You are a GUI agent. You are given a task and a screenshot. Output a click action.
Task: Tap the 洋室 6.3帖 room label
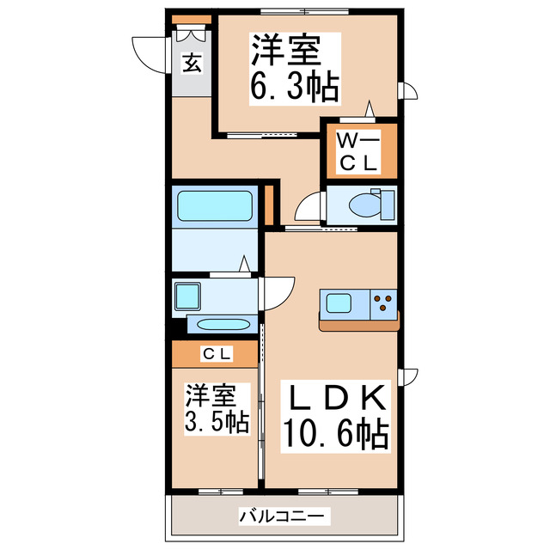click(x=295, y=69)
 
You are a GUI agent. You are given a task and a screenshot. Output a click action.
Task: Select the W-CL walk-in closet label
click(x=358, y=152)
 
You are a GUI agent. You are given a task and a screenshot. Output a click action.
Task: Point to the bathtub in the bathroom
click(x=215, y=206)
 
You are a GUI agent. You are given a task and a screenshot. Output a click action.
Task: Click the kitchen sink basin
click(x=339, y=302)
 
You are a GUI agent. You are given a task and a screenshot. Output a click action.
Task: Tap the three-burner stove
click(x=383, y=303)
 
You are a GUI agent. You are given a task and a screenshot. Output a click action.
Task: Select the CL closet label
click(x=217, y=354)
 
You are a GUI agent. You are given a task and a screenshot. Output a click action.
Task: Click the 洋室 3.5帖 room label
click(x=217, y=409)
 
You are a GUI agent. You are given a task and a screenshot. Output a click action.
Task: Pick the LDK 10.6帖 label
click(x=336, y=417)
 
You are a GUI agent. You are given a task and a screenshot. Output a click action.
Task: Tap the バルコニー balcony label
click(x=282, y=516)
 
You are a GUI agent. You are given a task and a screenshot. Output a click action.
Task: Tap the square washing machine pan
click(x=187, y=296)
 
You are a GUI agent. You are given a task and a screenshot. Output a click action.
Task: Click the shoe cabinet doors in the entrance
click(x=191, y=34)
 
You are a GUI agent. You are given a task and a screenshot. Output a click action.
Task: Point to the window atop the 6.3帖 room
click(x=304, y=11)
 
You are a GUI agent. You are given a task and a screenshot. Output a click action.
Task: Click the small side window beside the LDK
click(x=407, y=377)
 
